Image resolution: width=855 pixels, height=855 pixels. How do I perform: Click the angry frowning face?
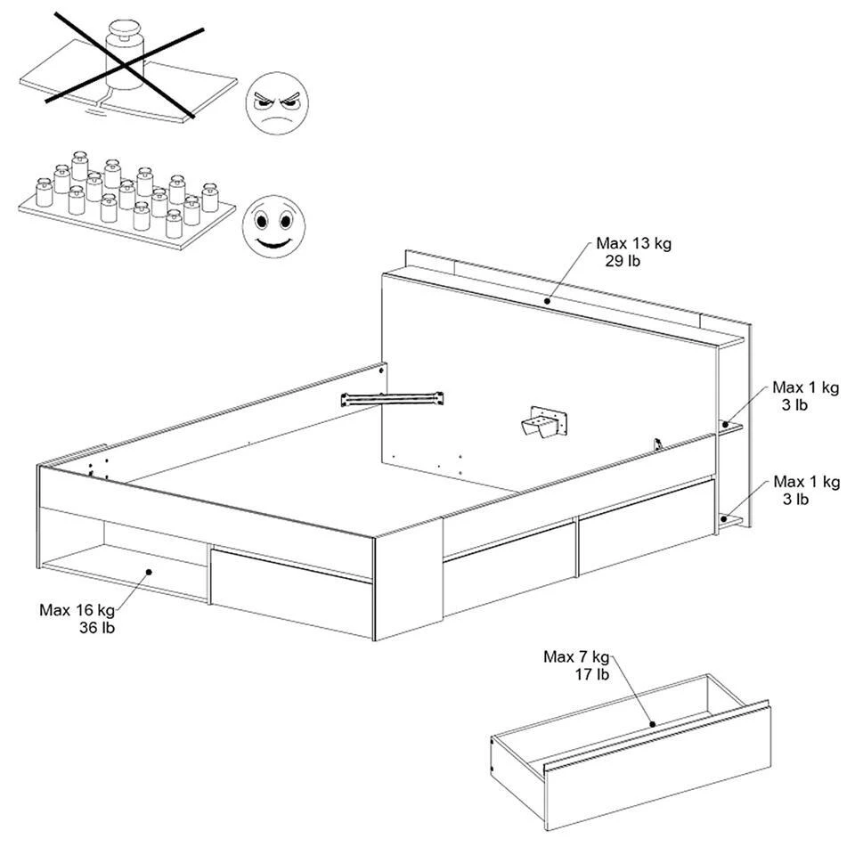tap(277, 104)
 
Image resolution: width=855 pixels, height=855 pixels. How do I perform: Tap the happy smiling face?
tap(274, 227)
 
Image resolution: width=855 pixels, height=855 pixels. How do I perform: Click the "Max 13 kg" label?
tap(633, 243)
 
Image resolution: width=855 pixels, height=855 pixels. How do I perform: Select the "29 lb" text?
tap(623, 261)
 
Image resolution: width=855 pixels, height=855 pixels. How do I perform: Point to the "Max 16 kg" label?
tap(77, 609)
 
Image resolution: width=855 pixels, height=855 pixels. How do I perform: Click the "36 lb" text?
tap(97, 628)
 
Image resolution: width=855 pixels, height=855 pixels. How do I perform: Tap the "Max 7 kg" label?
tap(576, 657)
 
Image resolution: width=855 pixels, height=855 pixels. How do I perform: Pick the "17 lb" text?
tap(592, 675)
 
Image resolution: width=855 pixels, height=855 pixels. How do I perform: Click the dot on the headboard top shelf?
tap(547, 301)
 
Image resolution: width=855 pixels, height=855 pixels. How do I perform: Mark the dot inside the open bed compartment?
tap(149, 572)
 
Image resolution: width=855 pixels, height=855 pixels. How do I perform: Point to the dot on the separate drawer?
tap(652, 725)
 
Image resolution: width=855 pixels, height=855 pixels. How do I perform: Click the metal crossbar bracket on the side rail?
tap(393, 399)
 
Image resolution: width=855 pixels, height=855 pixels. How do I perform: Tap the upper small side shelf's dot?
tap(726, 424)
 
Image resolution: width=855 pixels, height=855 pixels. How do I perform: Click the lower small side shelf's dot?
tap(723, 518)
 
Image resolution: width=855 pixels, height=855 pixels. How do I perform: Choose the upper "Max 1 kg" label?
tap(805, 387)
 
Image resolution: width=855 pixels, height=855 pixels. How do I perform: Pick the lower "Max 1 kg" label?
tap(807, 482)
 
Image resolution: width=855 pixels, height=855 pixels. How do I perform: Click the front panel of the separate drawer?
tap(657, 769)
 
